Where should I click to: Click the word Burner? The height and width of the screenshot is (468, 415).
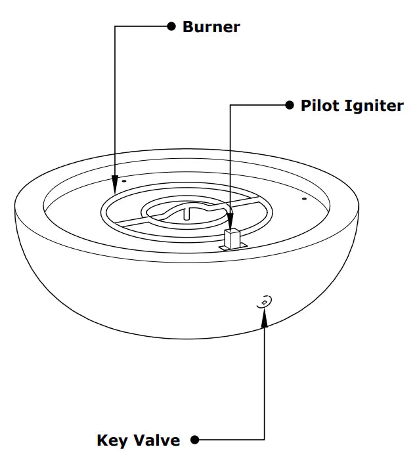211,27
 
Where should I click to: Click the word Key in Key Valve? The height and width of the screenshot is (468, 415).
112,440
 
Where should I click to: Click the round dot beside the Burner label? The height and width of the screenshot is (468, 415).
171,26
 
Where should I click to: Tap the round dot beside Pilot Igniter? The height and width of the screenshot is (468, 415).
290,105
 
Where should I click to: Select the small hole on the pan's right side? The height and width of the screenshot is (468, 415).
303,197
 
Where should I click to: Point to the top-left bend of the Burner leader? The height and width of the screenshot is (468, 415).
116,26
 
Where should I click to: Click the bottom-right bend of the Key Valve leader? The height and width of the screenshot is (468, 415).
265,439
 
